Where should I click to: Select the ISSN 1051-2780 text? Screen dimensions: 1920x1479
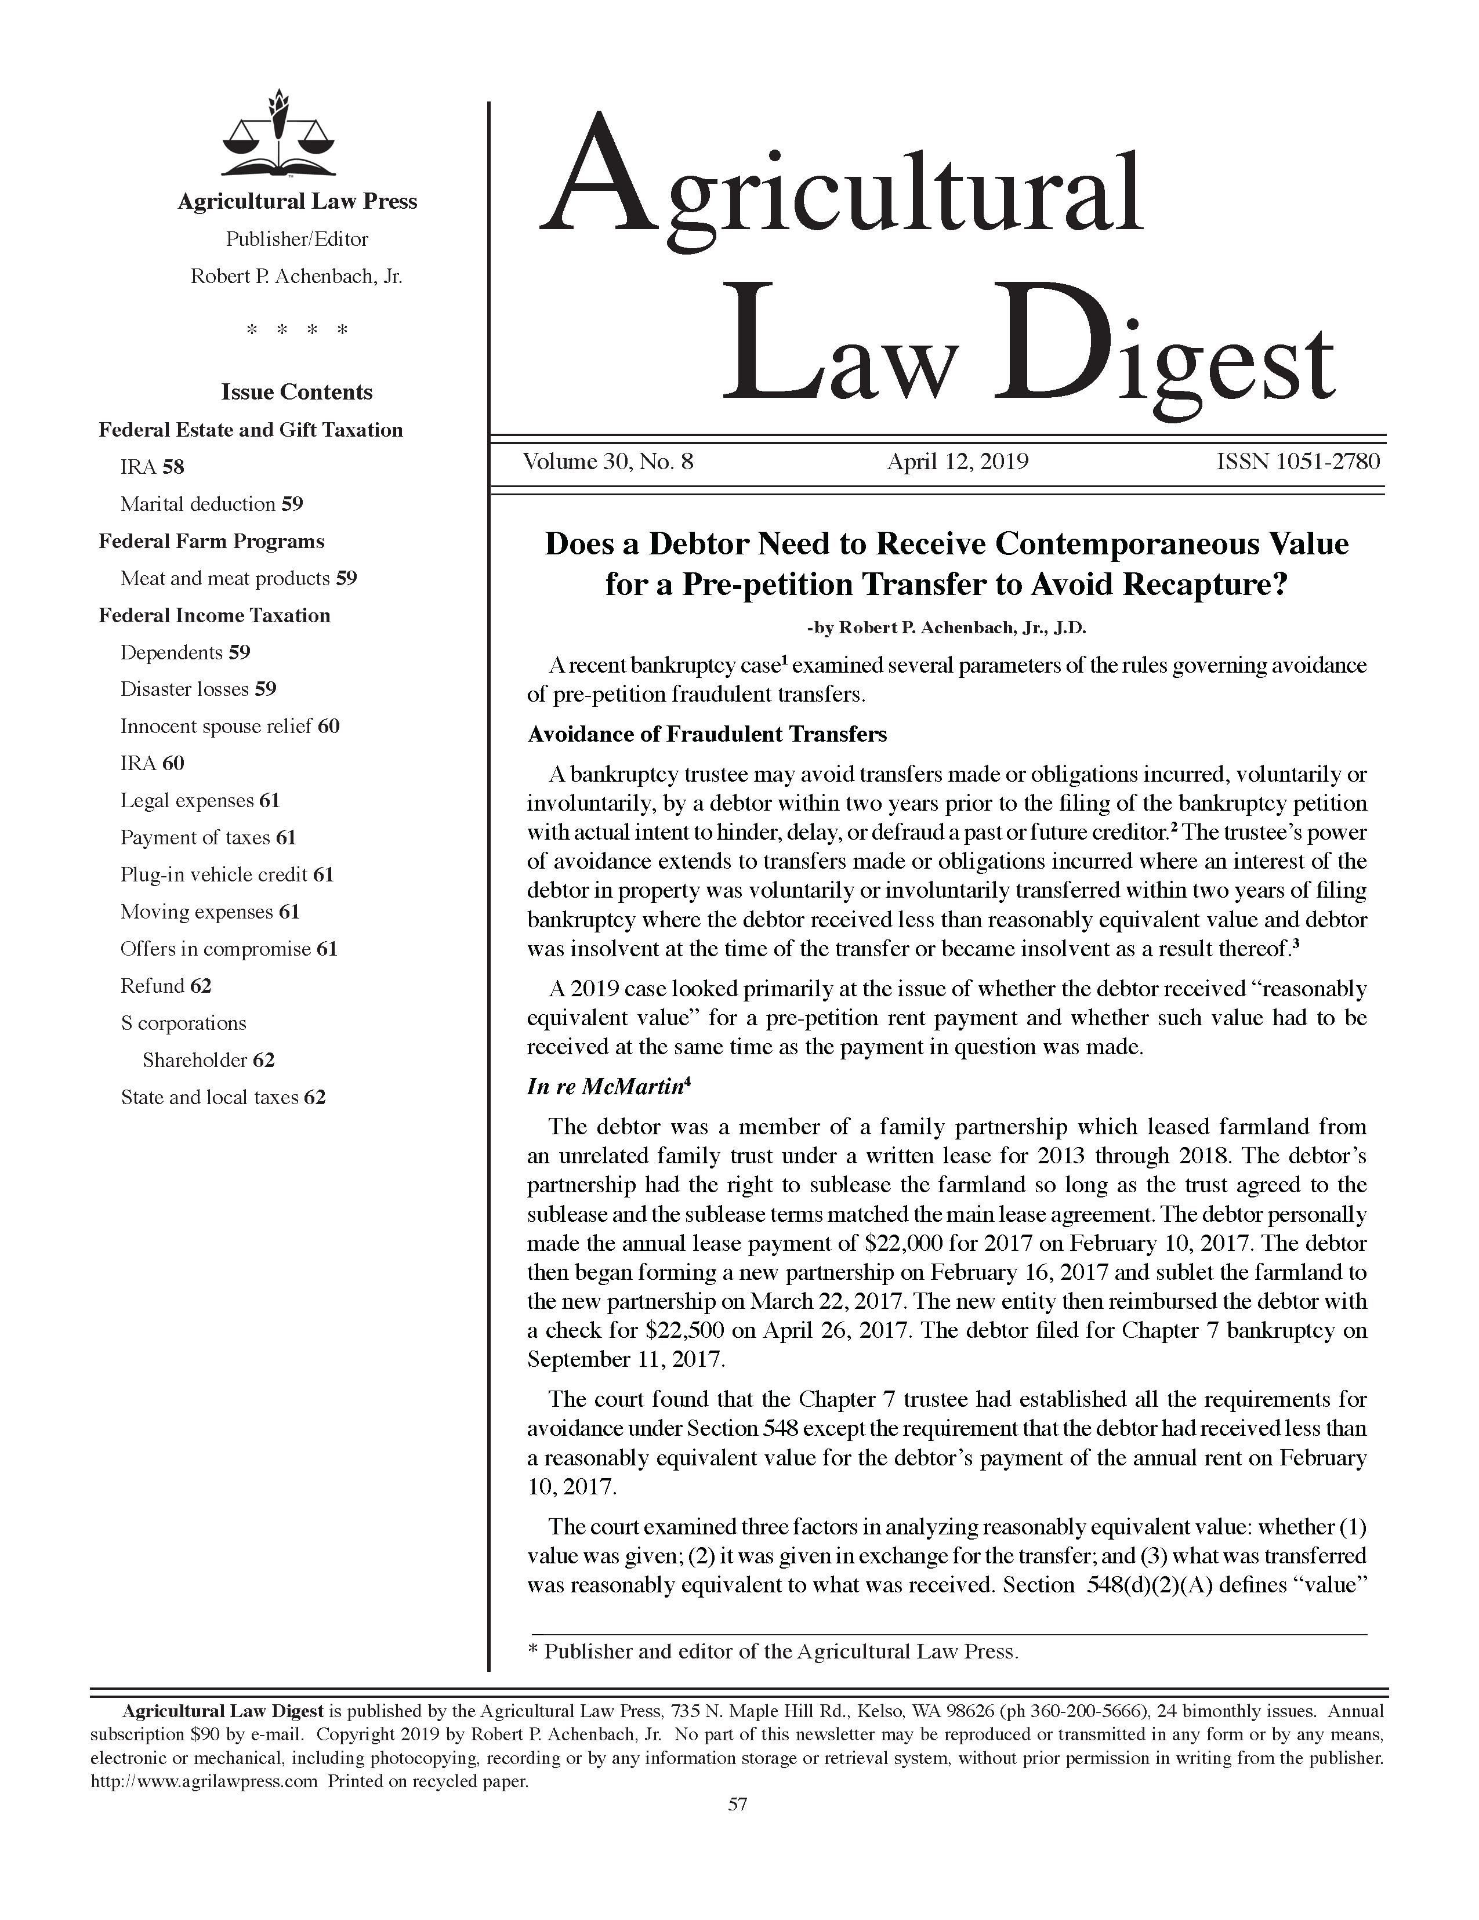click(1297, 462)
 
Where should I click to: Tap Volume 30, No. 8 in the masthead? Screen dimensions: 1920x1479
click(608, 462)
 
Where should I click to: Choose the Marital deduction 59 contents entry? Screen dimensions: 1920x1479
click(211, 504)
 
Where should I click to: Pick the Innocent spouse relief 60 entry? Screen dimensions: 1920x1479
click(230, 726)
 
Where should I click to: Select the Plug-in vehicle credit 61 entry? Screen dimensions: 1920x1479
click(227, 874)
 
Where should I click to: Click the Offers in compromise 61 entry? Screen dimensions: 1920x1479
click(229, 949)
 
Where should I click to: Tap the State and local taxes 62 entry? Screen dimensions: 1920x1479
click(223, 1097)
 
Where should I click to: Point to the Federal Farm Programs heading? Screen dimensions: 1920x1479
click(211, 542)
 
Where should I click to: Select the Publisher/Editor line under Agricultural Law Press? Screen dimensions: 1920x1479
click(296, 239)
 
